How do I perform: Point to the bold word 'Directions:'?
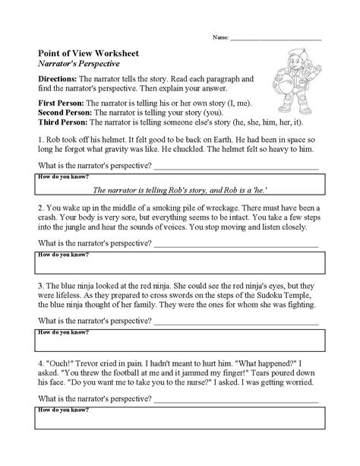[49, 79]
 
